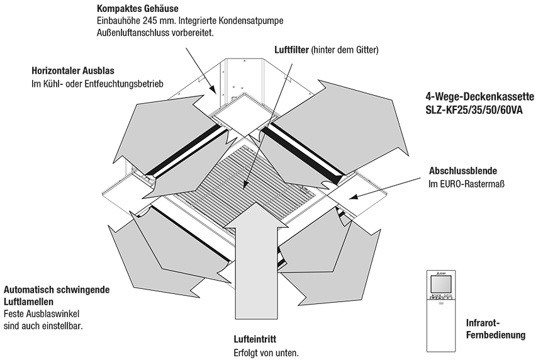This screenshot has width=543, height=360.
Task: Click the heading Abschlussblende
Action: click(463, 171)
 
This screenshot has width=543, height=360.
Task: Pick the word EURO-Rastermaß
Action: click(473, 183)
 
